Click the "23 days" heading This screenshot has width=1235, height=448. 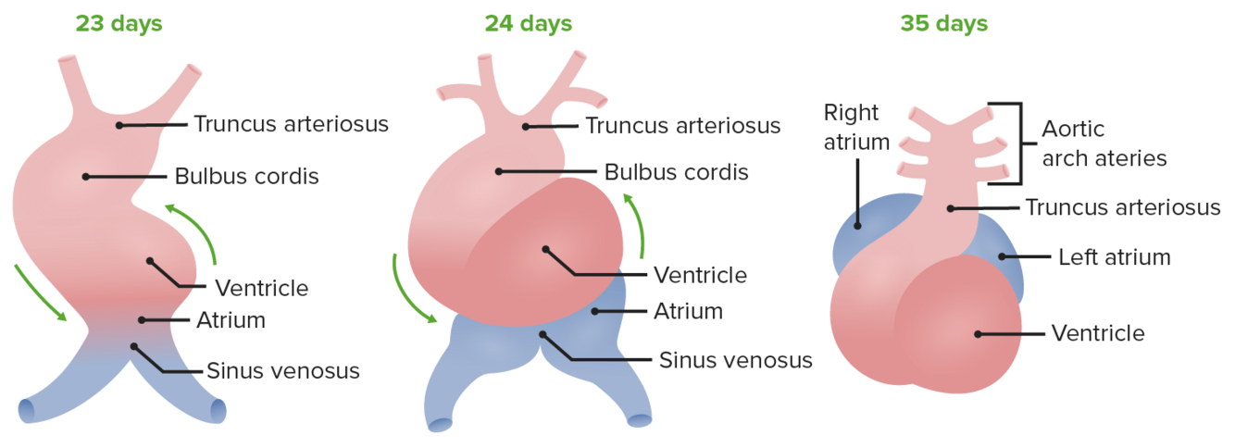[119, 23]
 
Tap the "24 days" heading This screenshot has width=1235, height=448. [528, 23]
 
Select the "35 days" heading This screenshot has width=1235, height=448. [943, 23]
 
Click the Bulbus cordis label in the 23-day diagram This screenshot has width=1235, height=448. [246, 176]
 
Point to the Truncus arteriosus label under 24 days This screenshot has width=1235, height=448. [682, 124]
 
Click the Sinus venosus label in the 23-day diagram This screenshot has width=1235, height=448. [282, 371]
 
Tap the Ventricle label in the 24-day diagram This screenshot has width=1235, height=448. [700, 274]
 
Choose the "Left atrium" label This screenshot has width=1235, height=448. [1114, 256]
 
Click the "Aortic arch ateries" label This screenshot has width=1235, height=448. [1104, 143]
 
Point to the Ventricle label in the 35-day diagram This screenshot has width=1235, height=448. [1097, 332]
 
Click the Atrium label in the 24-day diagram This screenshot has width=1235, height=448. [688, 311]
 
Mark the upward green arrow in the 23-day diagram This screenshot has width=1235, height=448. [197, 230]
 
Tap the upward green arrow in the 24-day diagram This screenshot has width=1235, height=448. [636, 223]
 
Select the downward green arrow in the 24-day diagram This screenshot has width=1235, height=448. [410, 288]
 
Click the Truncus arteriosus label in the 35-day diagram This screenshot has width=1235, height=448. [1122, 207]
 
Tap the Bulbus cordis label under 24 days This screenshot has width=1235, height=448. [676, 172]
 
